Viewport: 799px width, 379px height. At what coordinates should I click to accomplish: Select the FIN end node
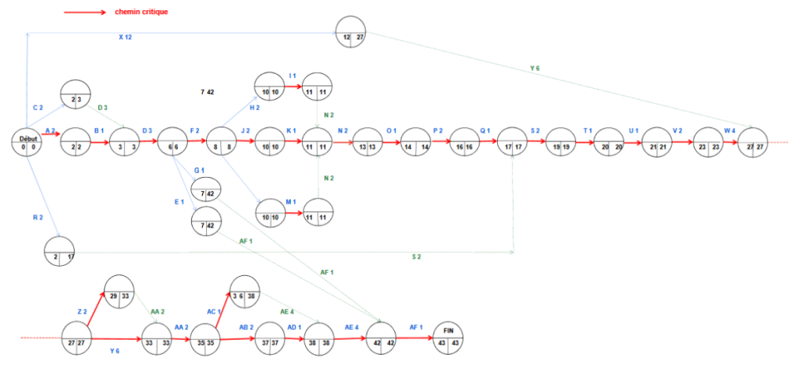pyautogui.click(x=448, y=337)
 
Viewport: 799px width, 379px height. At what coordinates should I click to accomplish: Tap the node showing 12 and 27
pyautogui.click(x=350, y=32)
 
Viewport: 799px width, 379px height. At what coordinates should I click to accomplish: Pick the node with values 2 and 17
pyautogui.click(x=60, y=250)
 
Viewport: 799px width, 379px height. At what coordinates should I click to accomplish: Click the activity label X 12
pyautogui.click(x=125, y=37)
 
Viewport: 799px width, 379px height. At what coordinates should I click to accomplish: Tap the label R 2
pyautogui.click(x=37, y=218)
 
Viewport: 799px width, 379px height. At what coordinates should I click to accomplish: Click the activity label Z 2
pyautogui.click(x=82, y=312)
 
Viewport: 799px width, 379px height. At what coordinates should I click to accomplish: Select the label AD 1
pyautogui.click(x=295, y=327)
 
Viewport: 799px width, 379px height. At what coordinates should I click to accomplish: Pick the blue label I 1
pyautogui.click(x=293, y=75)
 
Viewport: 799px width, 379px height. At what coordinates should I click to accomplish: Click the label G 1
pyautogui.click(x=198, y=170)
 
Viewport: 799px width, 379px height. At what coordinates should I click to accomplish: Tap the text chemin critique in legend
pyautogui.click(x=140, y=12)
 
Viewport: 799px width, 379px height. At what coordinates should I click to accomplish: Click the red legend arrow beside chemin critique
pyautogui.click(x=85, y=12)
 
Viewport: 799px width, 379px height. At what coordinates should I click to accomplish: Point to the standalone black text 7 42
pyautogui.click(x=207, y=92)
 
